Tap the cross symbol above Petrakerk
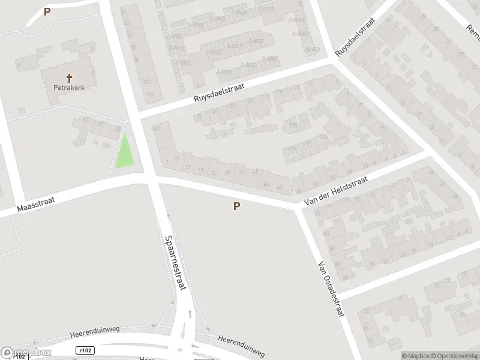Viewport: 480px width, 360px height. click(x=70, y=77)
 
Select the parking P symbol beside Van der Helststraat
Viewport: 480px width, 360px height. click(x=237, y=206)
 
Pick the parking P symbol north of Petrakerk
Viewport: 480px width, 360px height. click(x=47, y=11)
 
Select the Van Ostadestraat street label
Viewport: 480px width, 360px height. click(x=332, y=287)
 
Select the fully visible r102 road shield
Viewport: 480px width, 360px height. click(x=86, y=350)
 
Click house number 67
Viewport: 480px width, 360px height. click(x=280, y=187)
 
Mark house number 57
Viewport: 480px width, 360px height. click(x=242, y=173)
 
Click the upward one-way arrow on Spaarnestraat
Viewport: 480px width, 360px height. click(x=190, y=313)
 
